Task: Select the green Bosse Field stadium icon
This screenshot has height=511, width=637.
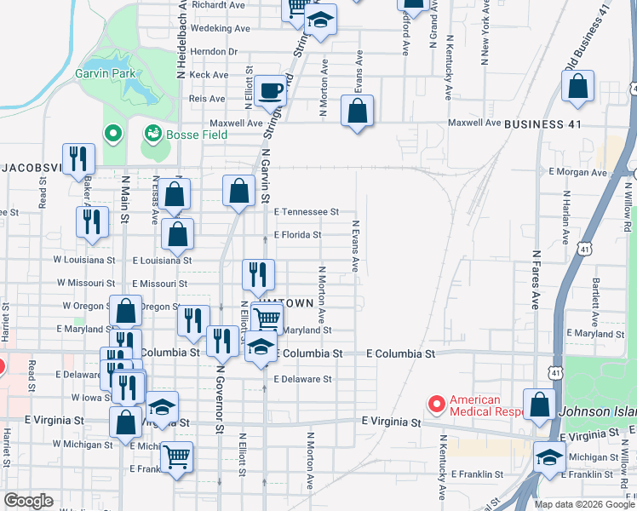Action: coord(153,133)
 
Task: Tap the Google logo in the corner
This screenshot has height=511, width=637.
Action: coord(29,500)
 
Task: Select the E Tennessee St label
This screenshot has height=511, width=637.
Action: coord(306,211)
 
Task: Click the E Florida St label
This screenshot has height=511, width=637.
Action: coord(297,235)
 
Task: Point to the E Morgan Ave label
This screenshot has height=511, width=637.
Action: coord(577,173)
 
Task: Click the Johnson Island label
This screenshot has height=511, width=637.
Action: coord(597,412)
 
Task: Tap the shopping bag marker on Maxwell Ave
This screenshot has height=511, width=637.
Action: coord(357,112)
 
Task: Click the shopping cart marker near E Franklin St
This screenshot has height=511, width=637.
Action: coord(176,458)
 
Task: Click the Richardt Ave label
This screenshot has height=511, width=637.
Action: coord(219,5)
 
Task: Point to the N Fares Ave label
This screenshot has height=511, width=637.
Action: coord(537,279)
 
